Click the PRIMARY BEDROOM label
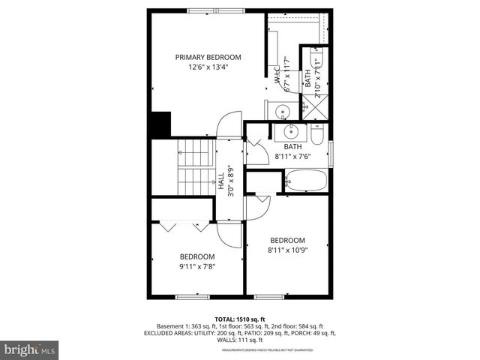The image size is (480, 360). (x=208, y=57)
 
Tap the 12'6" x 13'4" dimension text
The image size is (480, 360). (x=208, y=67)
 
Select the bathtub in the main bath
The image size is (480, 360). (x=306, y=181)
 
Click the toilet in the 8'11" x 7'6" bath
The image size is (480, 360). (x=317, y=138)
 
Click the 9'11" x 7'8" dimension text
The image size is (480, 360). (x=197, y=265)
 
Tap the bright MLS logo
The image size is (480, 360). (x=29, y=349)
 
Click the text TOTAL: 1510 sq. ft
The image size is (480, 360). (x=240, y=319)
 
